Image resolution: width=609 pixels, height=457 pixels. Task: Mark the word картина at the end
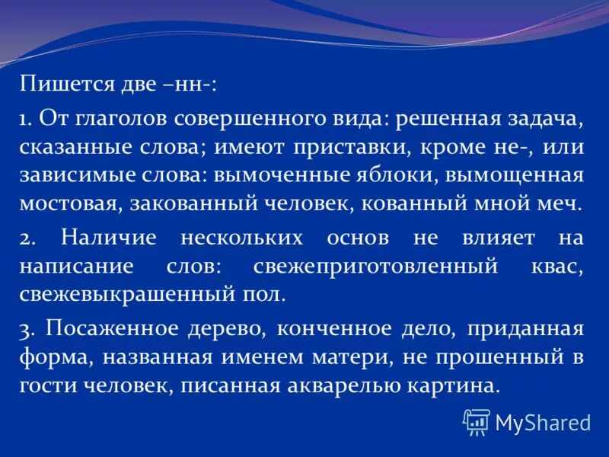[456, 385]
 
